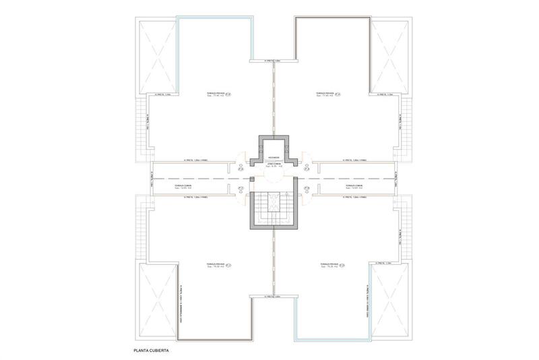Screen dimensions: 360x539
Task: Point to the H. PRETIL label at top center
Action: [272, 61]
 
